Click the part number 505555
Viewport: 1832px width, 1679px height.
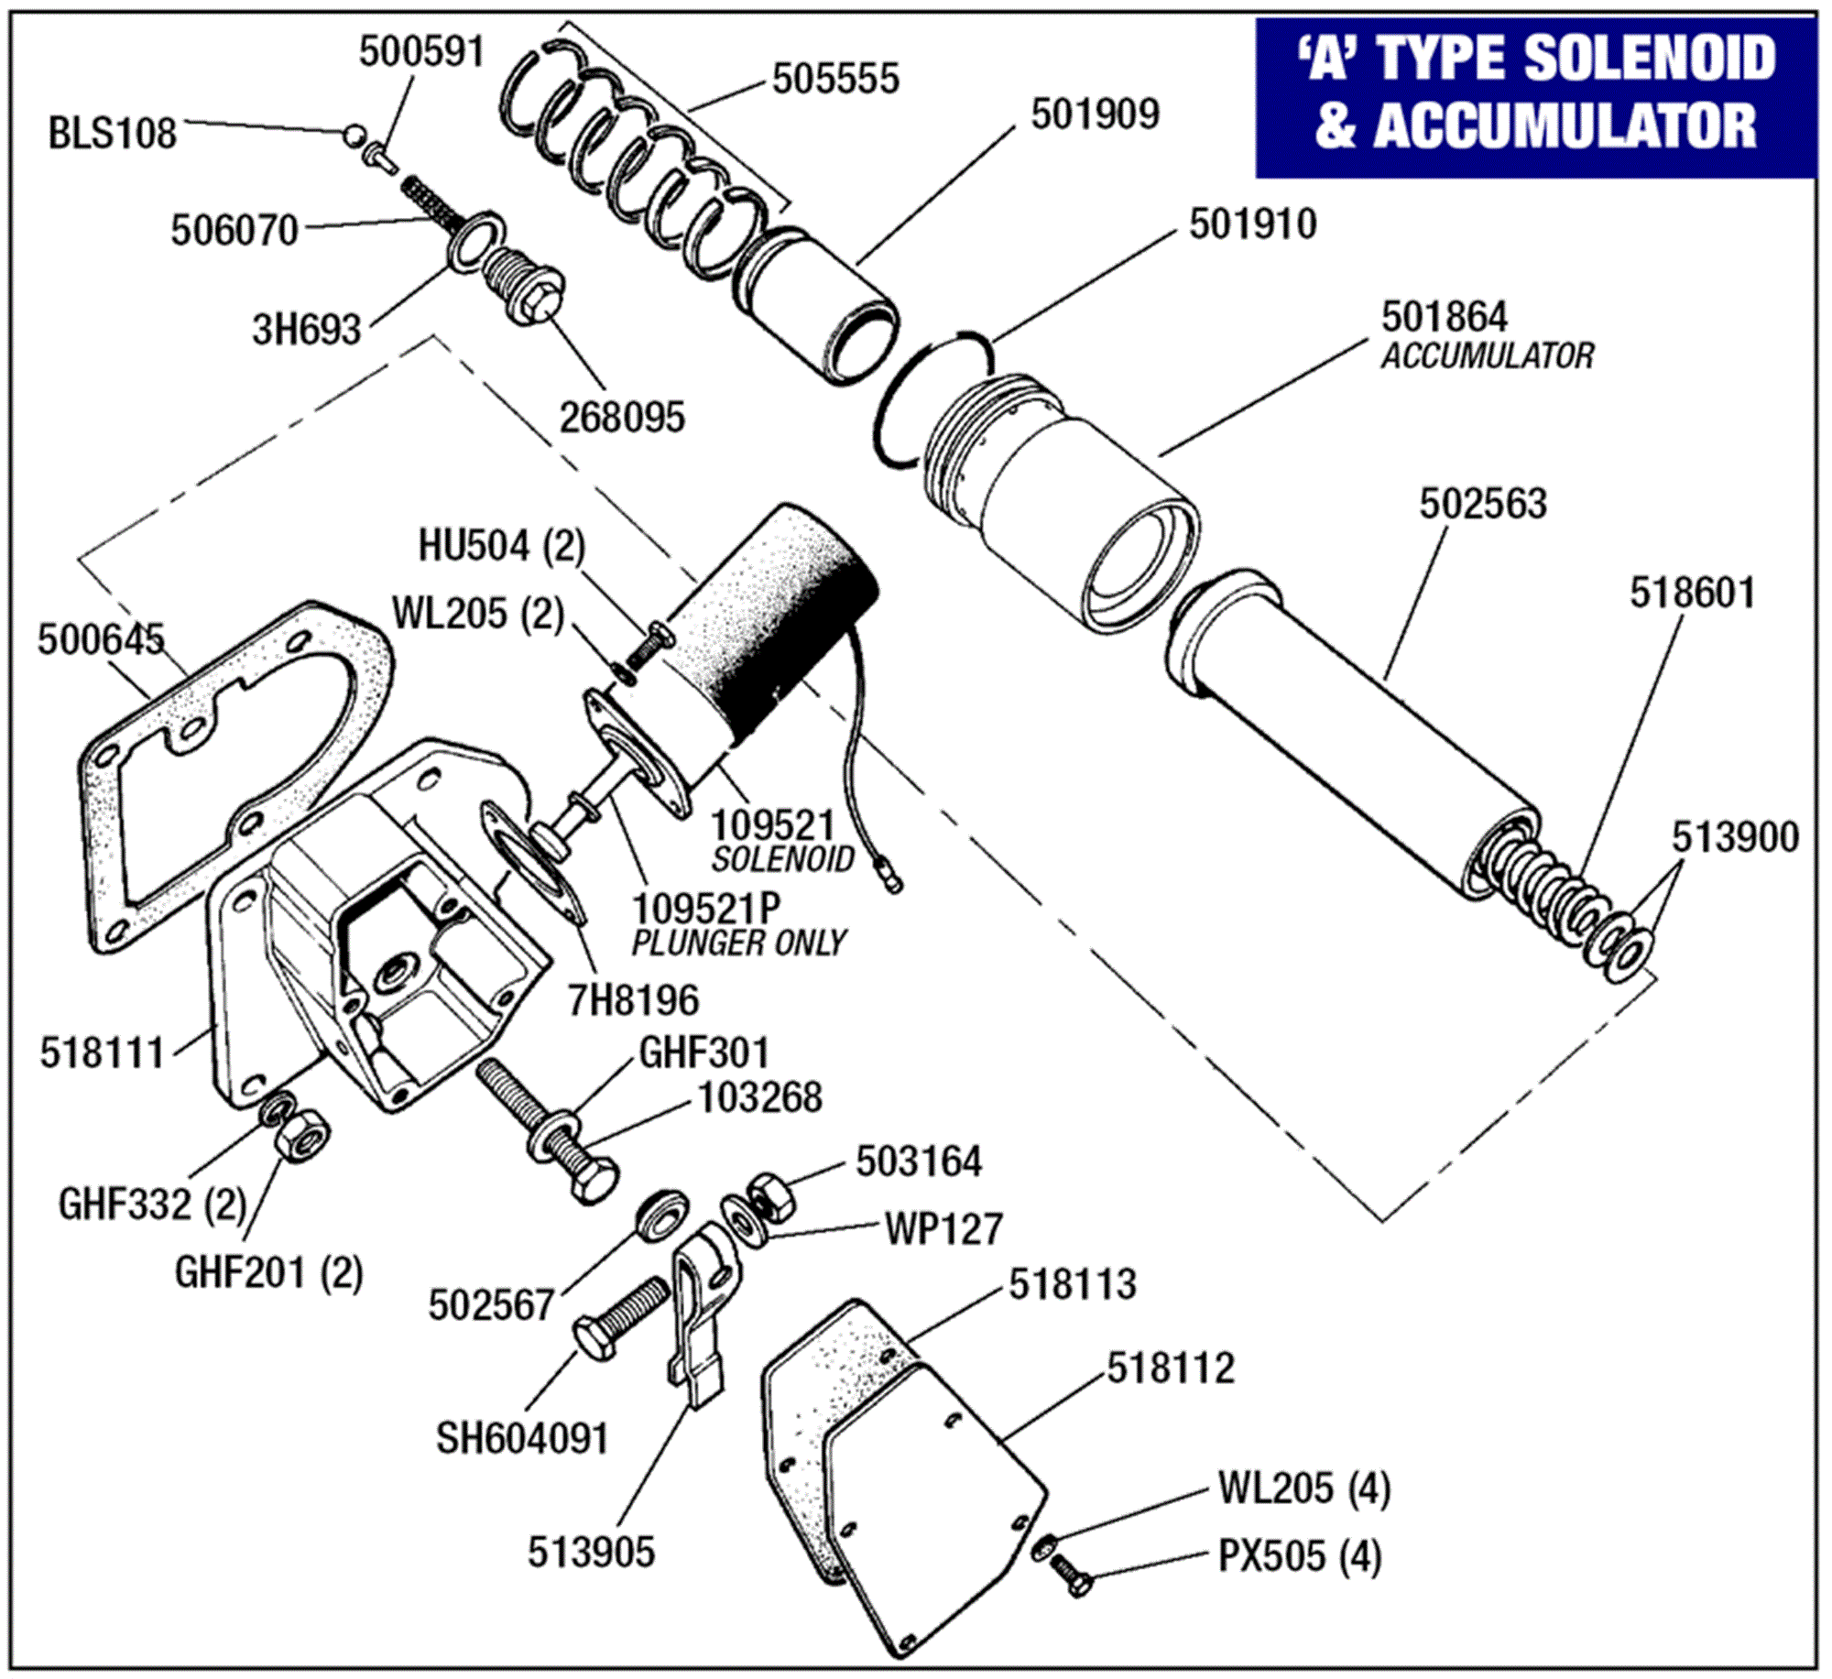tap(834, 80)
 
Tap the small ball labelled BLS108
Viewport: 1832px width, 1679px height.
tap(353, 136)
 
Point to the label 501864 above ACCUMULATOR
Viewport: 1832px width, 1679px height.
tap(1444, 317)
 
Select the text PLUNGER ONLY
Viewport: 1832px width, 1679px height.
tap(738, 943)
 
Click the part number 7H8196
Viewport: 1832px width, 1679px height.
tap(633, 999)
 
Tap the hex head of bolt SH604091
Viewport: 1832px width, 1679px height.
tap(594, 1341)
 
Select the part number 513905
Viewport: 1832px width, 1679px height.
tap(591, 1552)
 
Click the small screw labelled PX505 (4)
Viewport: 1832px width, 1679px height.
tap(1071, 1575)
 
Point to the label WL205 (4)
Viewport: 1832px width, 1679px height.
tap(1303, 1488)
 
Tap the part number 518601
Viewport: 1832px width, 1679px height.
tap(1692, 593)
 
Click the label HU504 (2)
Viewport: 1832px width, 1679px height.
tap(501, 546)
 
